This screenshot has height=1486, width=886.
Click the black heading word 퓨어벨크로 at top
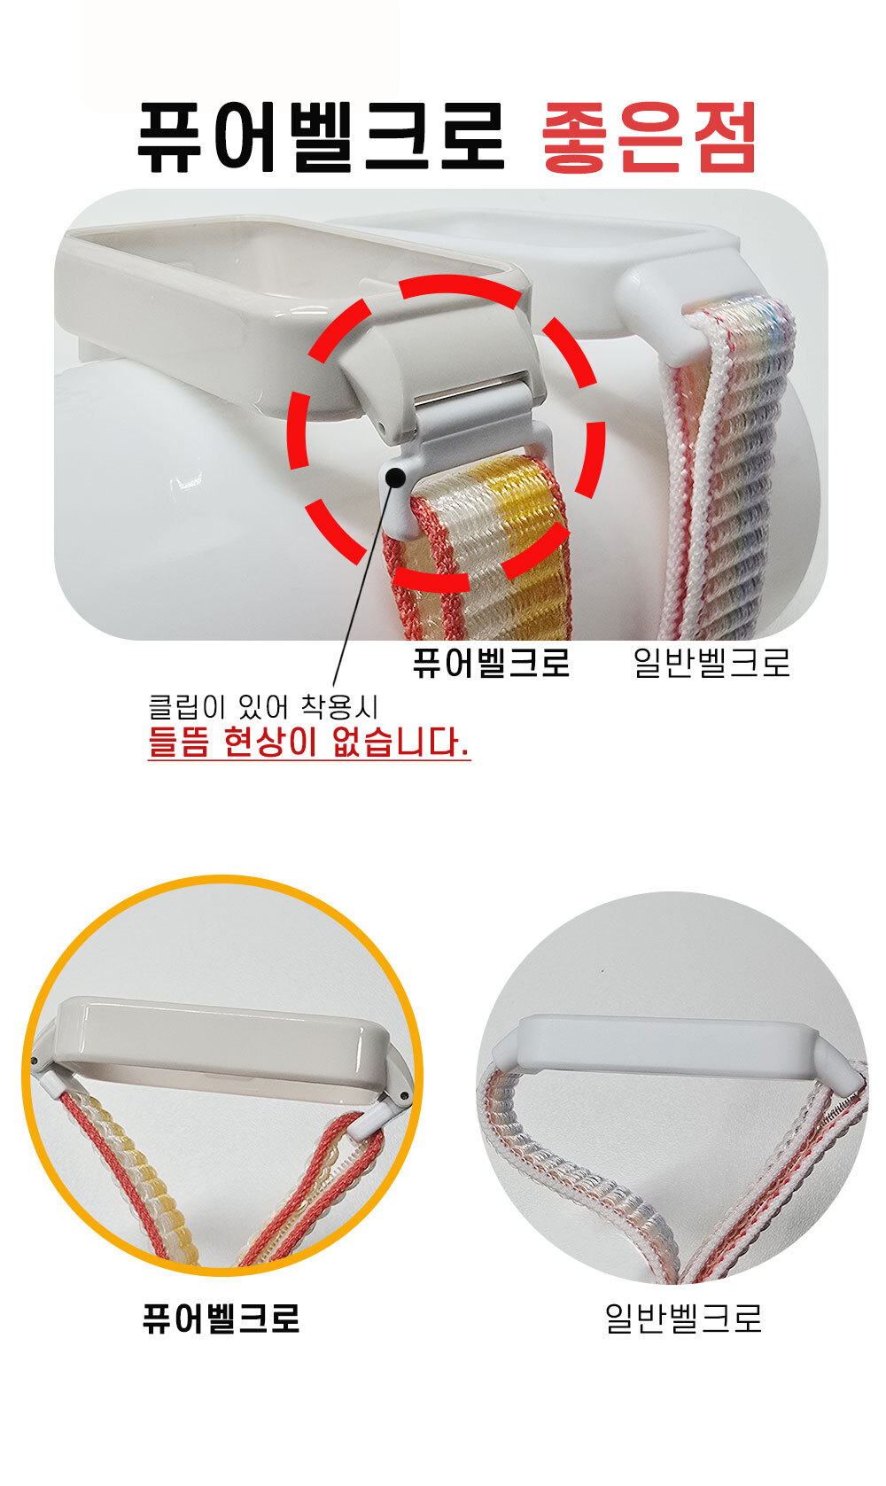pyautogui.click(x=321, y=137)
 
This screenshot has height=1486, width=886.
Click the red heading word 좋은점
pyautogui.click(x=649, y=137)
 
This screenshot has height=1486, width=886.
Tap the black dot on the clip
pyautogui.click(x=395, y=477)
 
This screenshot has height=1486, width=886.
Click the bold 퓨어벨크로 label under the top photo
pyautogui.click(x=491, y=662)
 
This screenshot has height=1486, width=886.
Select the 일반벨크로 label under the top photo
pyautogui.click(x=711, y=662)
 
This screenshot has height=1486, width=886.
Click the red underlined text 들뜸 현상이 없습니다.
pyautogui.click(x=308, y=743)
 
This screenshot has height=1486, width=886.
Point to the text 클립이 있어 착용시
pyautogui.click(x=262, y=706)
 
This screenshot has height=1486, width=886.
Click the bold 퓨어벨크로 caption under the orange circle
pyautogui.click(x=221, y=1319)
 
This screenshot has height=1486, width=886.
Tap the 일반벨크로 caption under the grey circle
pyautogui.click(x=683, y=1319)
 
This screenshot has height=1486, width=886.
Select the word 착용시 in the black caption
pyautogui.click(x=339, y=706)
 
